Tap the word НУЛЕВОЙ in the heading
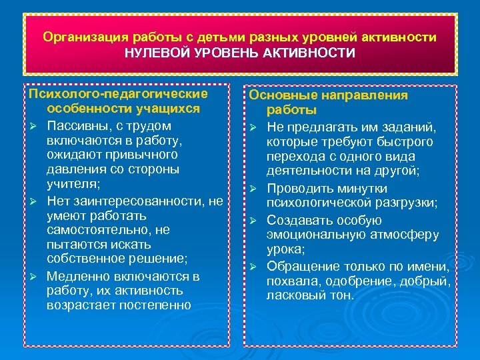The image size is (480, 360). tap(155, 53)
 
